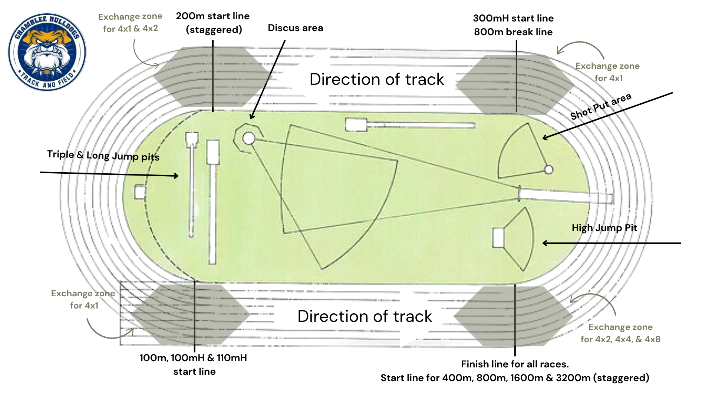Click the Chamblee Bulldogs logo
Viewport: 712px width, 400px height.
click(47, 52)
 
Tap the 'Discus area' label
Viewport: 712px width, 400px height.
click(295, 28)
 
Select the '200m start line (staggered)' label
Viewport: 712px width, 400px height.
click(213, 23)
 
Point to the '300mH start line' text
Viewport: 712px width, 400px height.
click(513, 18)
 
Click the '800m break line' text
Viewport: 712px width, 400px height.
click(513, 32)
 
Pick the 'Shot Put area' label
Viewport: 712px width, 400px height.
click(600, 107)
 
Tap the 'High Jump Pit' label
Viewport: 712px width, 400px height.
click(604, 228)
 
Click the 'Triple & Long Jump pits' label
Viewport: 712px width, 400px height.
click(103, 156)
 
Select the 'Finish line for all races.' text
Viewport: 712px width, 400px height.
click(515, 364)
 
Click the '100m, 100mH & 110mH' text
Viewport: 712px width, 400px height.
click(193, 358)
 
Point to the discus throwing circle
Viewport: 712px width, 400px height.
click(249, 139)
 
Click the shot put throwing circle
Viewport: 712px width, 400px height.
click(548, 170)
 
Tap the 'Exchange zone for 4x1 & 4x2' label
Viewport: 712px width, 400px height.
click(130, 23)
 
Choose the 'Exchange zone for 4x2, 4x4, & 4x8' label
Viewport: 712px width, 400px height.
click(620, 333)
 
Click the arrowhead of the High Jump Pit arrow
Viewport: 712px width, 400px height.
click(544, 243)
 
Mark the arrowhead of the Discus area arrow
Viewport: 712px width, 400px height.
click(251, 117)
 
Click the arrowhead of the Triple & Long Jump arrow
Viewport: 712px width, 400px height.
click(177, 176)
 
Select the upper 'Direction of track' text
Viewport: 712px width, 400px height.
click(377, 79)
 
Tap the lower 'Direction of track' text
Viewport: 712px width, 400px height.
click(365, 316)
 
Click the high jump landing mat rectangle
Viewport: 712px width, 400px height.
click(498, 238)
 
